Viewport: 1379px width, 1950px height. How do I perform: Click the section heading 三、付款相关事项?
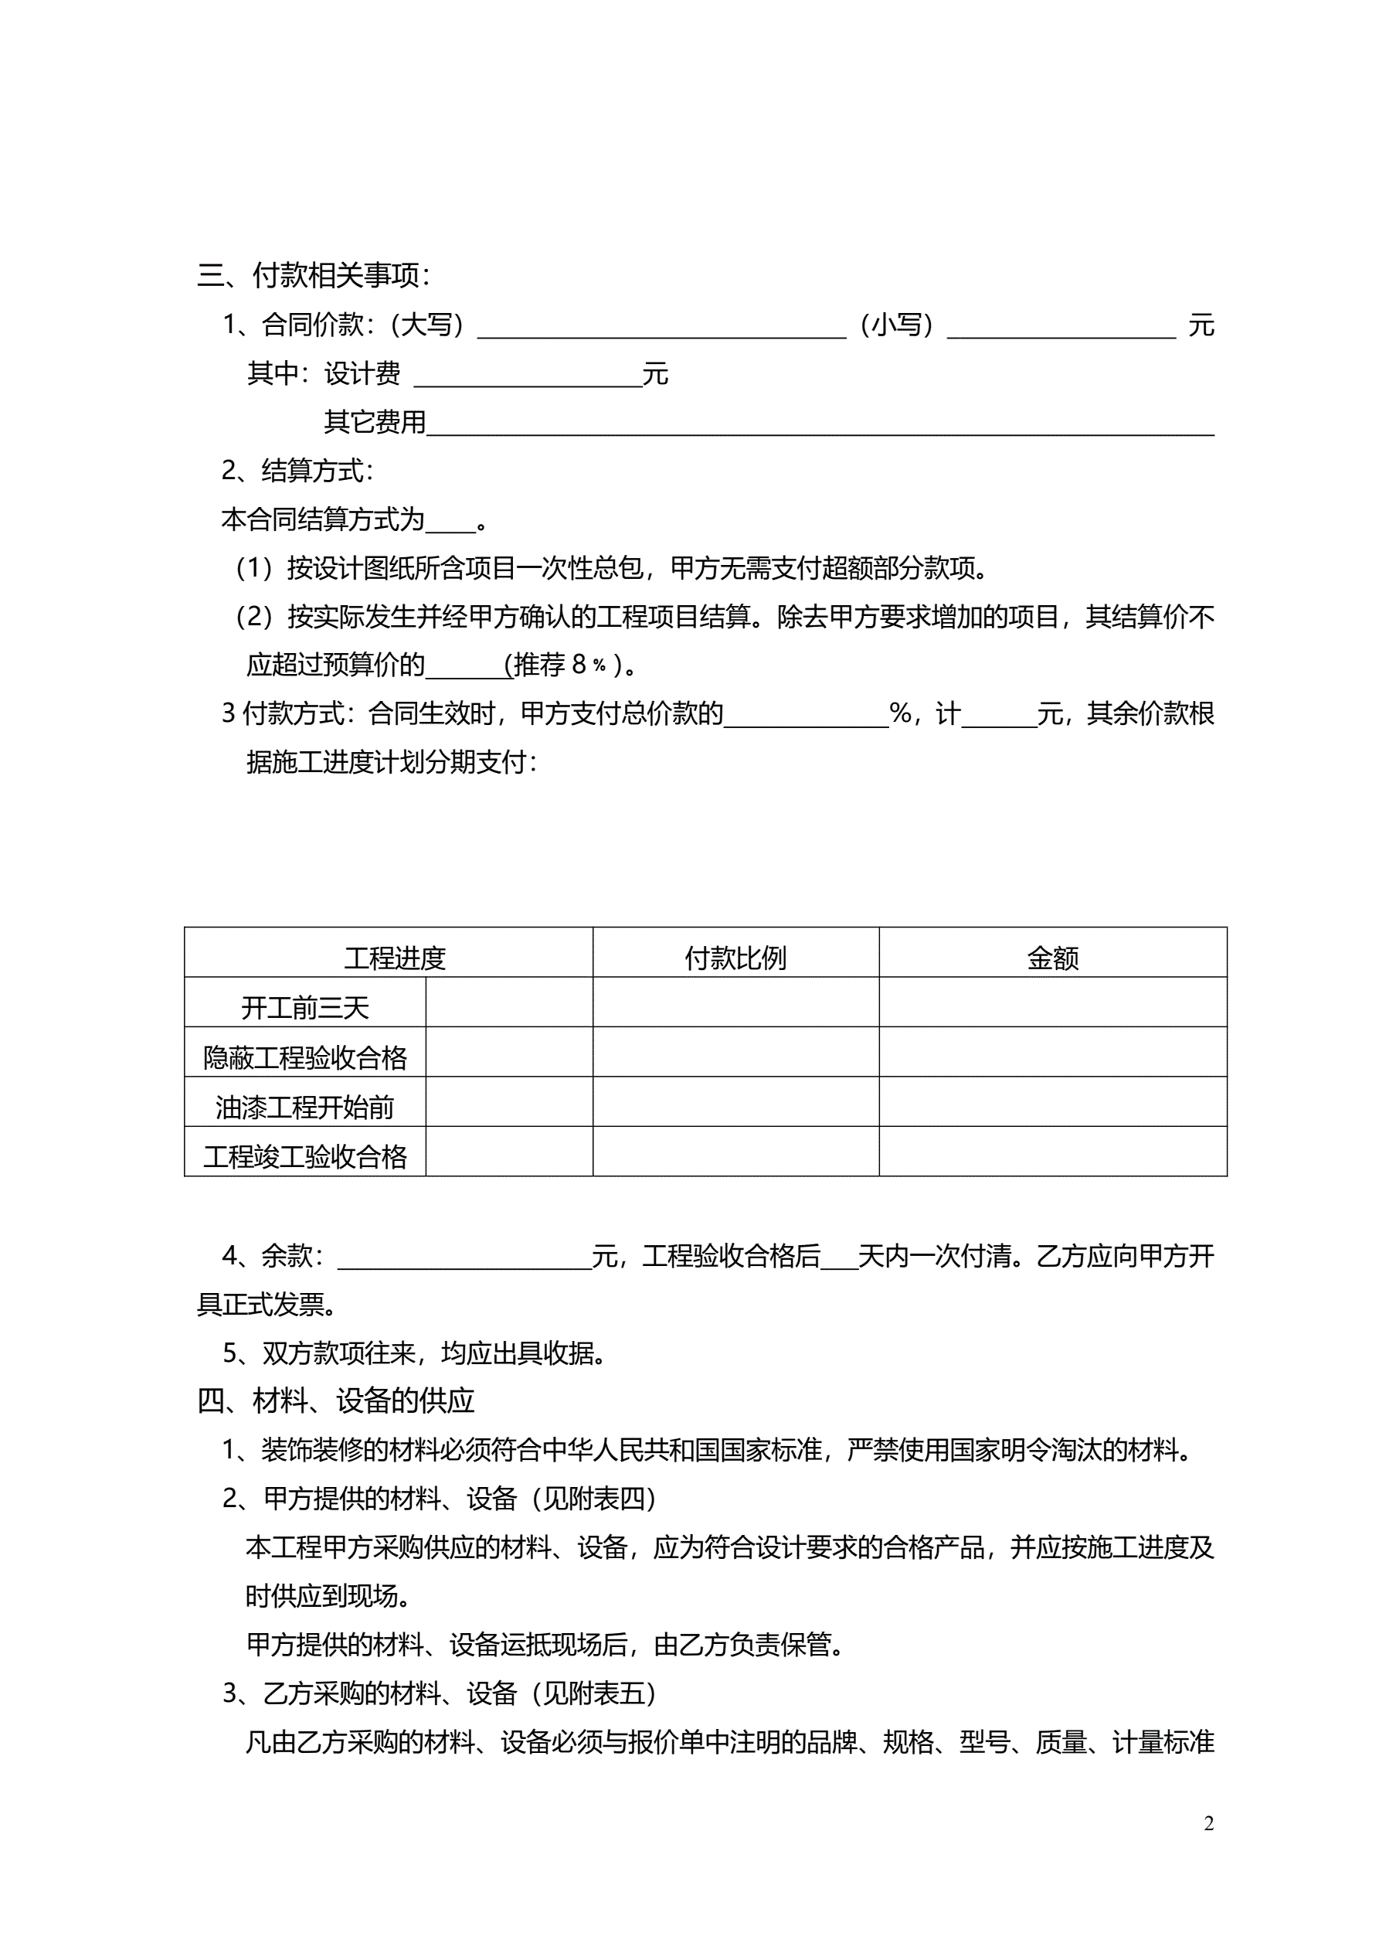pos(314,275)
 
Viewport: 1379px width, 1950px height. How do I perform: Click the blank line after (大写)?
pos(661,329)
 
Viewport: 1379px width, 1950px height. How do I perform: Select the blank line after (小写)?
pos(1061,329)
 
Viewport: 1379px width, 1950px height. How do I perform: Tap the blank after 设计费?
pos(528,378)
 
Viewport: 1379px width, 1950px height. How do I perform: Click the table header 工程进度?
pos(395,958)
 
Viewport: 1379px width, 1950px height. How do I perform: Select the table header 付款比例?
pos(735,958)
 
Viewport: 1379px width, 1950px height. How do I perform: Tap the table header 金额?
pos(1052,958)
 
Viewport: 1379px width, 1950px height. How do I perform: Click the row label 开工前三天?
pos(305,1008)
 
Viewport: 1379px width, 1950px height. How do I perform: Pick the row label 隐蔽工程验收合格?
pos(305,1057)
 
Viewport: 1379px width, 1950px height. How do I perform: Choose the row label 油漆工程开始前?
pos(305,1108)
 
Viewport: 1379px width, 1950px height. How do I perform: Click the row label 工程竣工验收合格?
pos(305,1157)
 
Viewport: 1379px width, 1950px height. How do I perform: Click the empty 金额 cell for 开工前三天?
pos(1052,1002)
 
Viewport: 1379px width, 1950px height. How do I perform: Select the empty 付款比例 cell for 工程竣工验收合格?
pos(735,1152)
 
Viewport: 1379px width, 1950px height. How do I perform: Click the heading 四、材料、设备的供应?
pos(336,1400)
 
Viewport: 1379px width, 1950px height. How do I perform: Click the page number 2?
pos(1209,1824)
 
